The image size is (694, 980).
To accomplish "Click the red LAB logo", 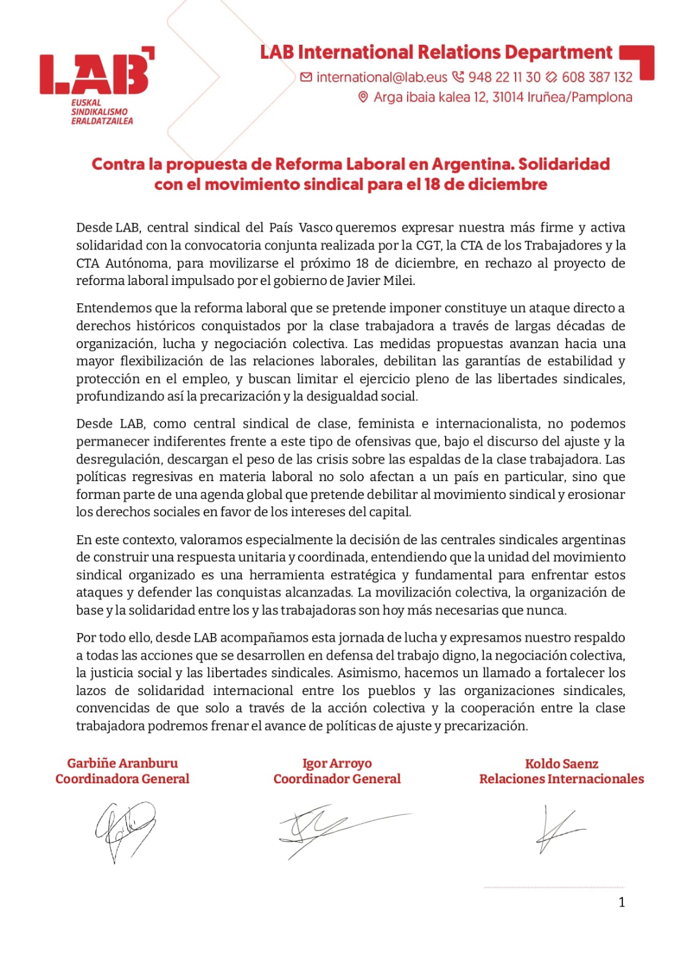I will pyautogui.click(x=96, y=74).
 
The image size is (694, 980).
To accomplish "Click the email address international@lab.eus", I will pyautogui.click(x=382, y=77).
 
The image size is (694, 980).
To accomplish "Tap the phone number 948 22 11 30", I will pyautogui.click(x=504, y=77).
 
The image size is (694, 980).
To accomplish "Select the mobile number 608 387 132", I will pyautogui.click(x=597, y=77).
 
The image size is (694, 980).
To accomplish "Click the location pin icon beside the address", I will pyautogui.click(x=363, y=97).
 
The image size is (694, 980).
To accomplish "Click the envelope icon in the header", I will pyautogui.click(x=306, y=77).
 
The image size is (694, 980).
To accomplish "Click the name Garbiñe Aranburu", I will pyautogui.click(x=123, y=763).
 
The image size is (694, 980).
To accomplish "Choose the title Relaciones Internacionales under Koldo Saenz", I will pyautogui.click(x=562, y=779).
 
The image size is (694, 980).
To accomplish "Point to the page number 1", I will pyautogui.click(x=622, y=902).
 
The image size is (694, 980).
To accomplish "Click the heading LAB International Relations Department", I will pyautogui.click(x=436, y=53).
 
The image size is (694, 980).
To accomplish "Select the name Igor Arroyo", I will pyautogui.click(x=337, y=763).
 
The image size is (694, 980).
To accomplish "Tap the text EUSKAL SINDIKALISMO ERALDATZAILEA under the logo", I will pyautogui.click(x=102, y=112).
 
